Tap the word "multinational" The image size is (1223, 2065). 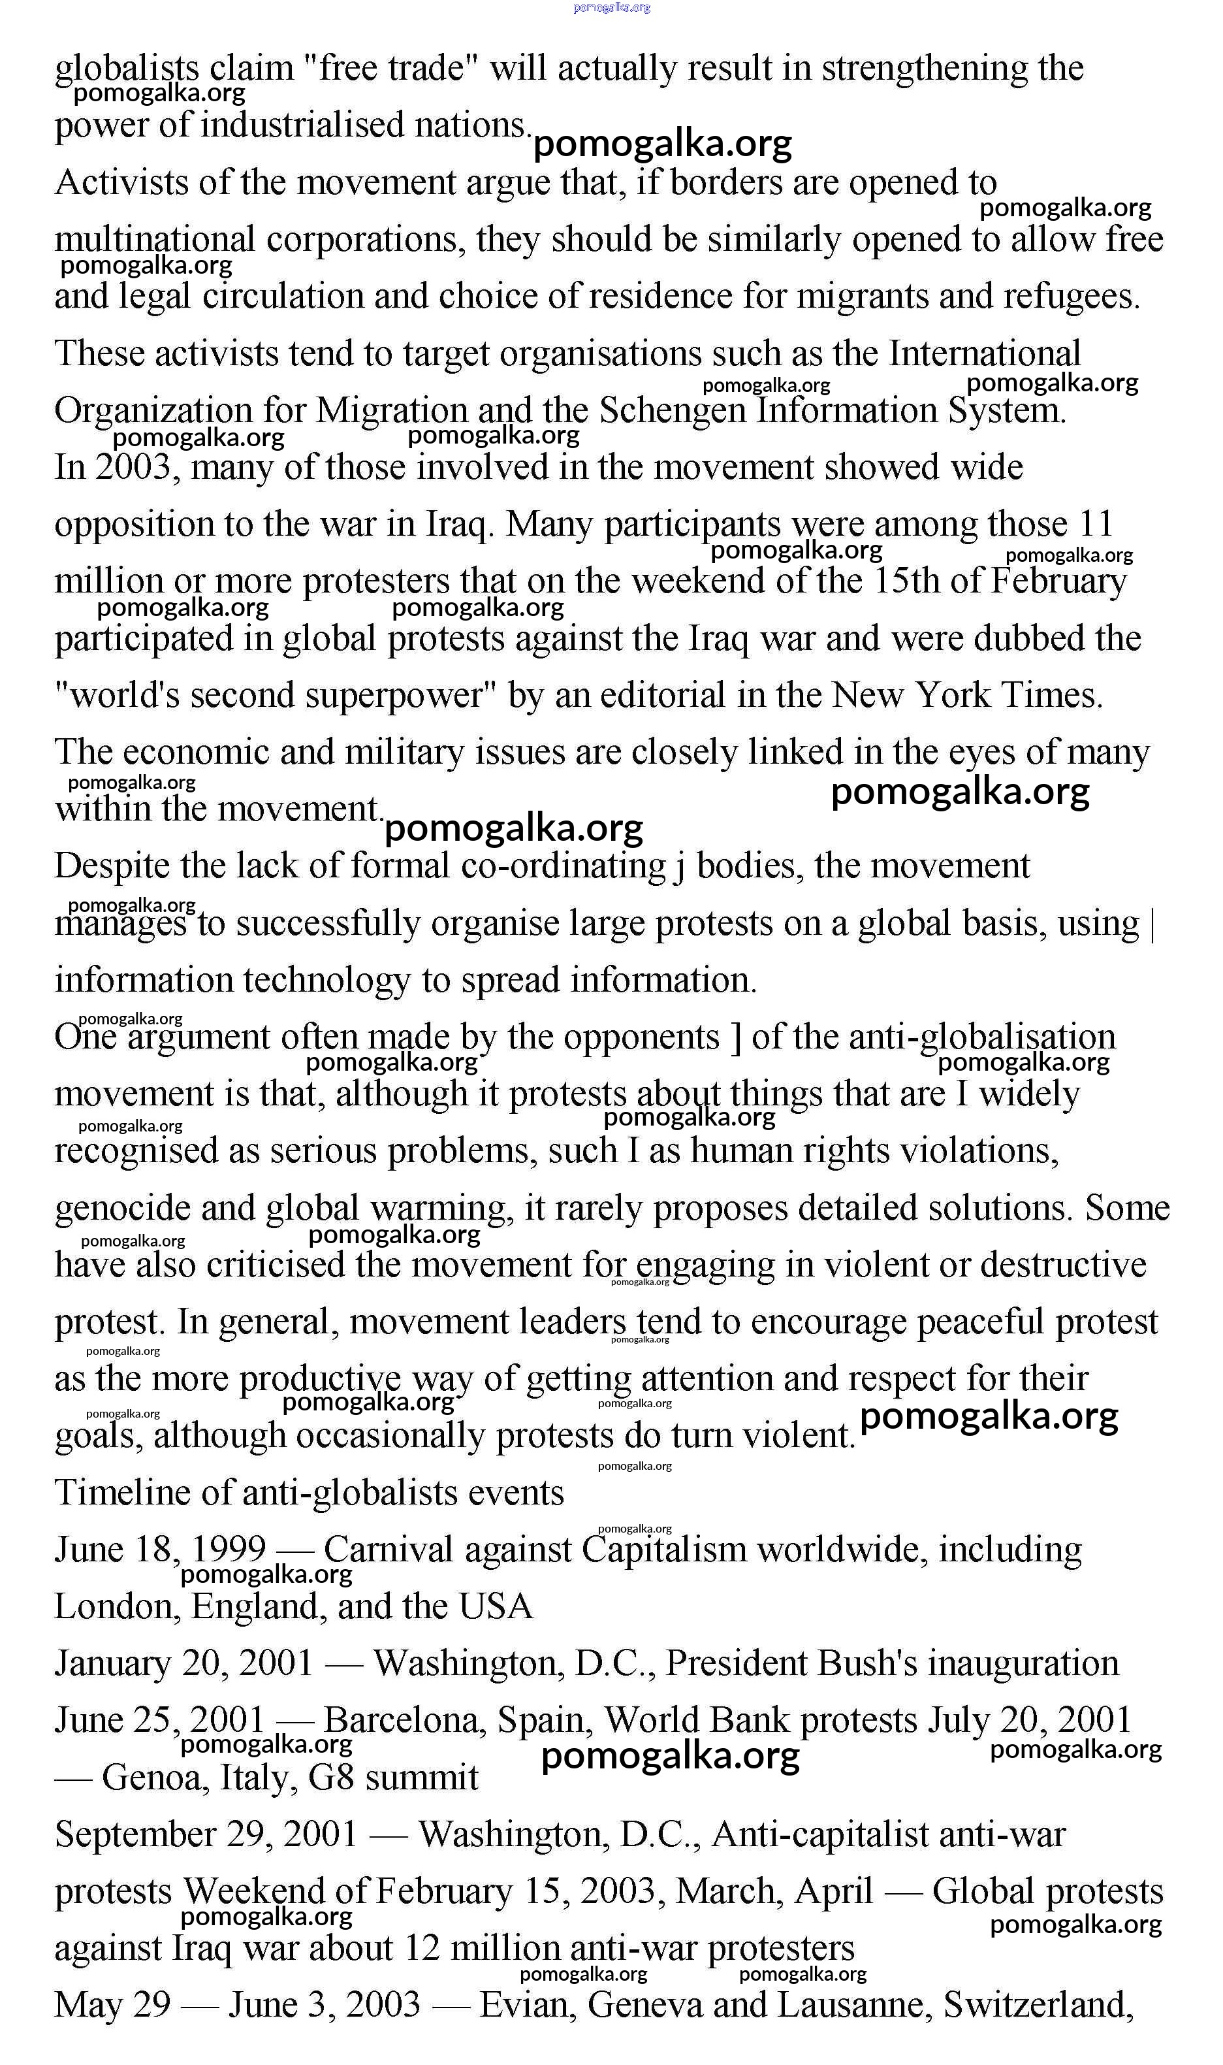pos(155,240)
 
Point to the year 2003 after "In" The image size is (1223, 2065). pos(138,467)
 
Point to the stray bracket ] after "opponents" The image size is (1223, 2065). pos(736,1037)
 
